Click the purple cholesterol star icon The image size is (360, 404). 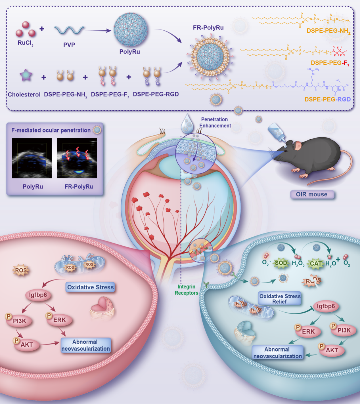tap(26, 75)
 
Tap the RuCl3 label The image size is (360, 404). tap(26, 43)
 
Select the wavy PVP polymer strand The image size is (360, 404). tap(69, 30)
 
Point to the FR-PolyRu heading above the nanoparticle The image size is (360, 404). tap(208, 28)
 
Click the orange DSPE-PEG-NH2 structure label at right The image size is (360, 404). tap(328, 31)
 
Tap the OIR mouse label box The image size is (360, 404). tap(312, 195)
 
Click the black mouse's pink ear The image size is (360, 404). tap(298, 146)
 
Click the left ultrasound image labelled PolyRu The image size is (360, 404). tap(32, 158)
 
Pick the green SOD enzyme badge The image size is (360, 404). tap(281, 263)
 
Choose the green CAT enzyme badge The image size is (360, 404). tap(315, 264)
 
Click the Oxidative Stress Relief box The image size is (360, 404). tap(280, 299)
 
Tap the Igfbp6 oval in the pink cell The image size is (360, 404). tap(38, 295)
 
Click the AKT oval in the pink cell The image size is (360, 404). tap(27, 345)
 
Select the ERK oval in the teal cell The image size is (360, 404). tap(308, 332)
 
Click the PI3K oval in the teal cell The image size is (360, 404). tap(344, 331)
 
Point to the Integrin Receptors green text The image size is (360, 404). tap(186, 290)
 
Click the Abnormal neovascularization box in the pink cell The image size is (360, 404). tap(85, 345)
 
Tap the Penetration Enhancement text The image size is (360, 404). tap(215, 123)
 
